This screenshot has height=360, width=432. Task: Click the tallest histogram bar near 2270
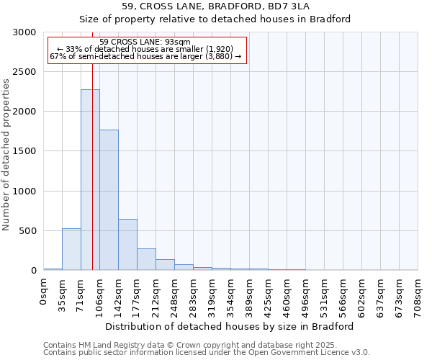point(90,180)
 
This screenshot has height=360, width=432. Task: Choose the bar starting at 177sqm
point(146,259)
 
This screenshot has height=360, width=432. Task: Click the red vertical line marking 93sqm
point(93,144)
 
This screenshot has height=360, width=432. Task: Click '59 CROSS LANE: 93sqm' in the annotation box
point(145,42)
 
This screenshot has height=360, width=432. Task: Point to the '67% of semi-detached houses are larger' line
point(145,56)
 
